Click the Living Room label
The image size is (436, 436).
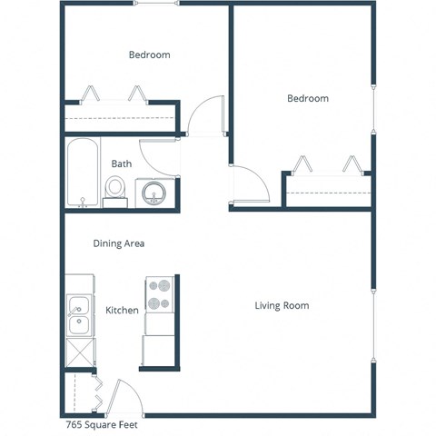(x=282, y=306)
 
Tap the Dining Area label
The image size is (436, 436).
(x=119, y=243)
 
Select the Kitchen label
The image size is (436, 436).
(x=122, y=311)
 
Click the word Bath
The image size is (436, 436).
(x=121, y=164)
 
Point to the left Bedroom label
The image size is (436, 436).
(x=149, y=55)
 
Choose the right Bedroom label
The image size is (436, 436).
(x=308, y=99)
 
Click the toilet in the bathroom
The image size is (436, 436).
(x=115, y=188)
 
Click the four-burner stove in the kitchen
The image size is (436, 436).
(x=160, y=295)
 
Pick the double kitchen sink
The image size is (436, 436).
(x=78, y=314)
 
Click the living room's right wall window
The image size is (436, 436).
(x=372, y=309)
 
